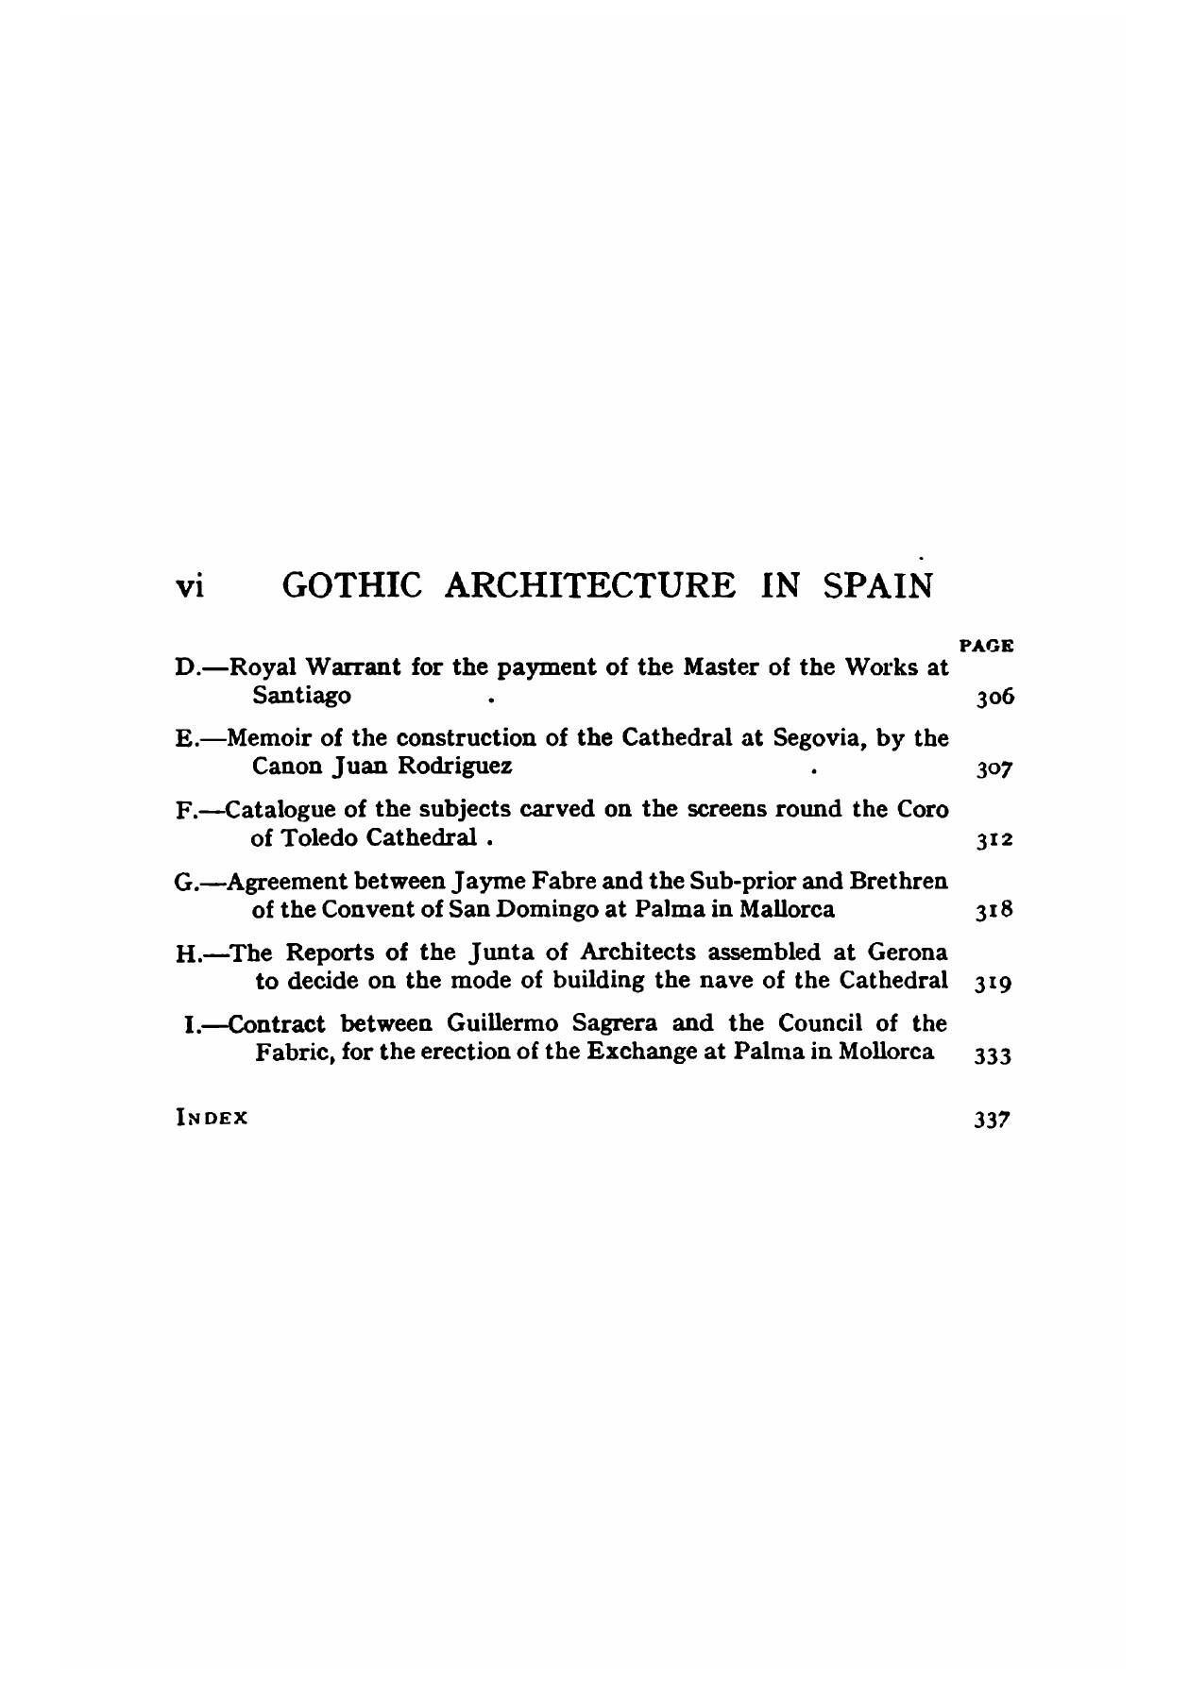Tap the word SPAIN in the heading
tap(877, 585)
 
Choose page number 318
tap(994, 911)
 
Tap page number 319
tap(994, 982)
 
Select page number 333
tap(994, 1054)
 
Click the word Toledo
tap(323, 836)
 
